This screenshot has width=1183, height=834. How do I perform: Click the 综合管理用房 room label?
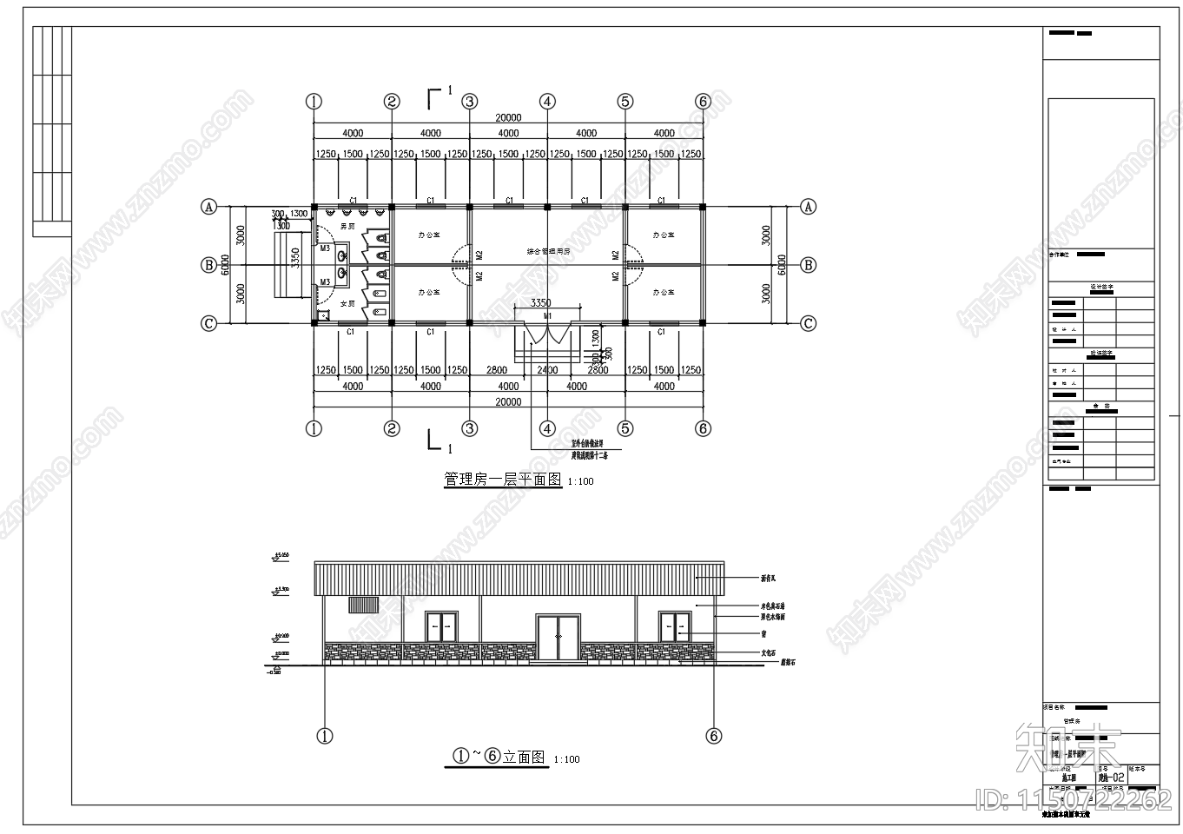click(x=548, y=251)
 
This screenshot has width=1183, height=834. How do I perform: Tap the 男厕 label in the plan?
click(x=347, y=226)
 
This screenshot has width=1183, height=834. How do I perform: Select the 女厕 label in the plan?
click(x=347, y=303)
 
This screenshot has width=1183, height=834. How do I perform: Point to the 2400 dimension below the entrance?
click(x=547, y=370)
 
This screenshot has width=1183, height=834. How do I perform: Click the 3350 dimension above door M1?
click(x=540, y=303)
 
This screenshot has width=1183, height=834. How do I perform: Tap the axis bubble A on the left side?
click(x=208, y=207)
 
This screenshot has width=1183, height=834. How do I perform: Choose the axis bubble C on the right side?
click(x=808, y=324)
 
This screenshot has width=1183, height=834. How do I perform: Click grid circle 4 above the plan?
click(x=547, y=102)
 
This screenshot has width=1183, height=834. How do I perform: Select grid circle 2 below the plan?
click(x=392, y=428)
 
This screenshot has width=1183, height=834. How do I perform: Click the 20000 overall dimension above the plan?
click(x=508, y=118)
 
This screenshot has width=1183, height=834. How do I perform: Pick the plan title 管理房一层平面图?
click(x=503, y=479)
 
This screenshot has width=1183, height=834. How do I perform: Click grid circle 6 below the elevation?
click(x=714, y=736)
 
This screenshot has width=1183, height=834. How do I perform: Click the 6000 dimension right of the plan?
click(x=782, y=265)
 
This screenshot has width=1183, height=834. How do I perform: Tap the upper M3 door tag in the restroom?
click(x=324, y=248)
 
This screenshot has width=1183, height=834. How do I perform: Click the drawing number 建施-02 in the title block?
click(x=1111, y=778)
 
